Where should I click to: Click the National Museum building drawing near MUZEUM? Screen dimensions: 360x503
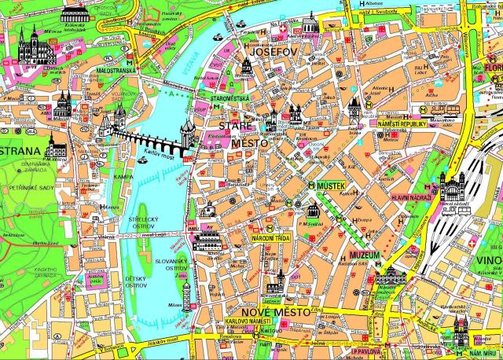point(391,274)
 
